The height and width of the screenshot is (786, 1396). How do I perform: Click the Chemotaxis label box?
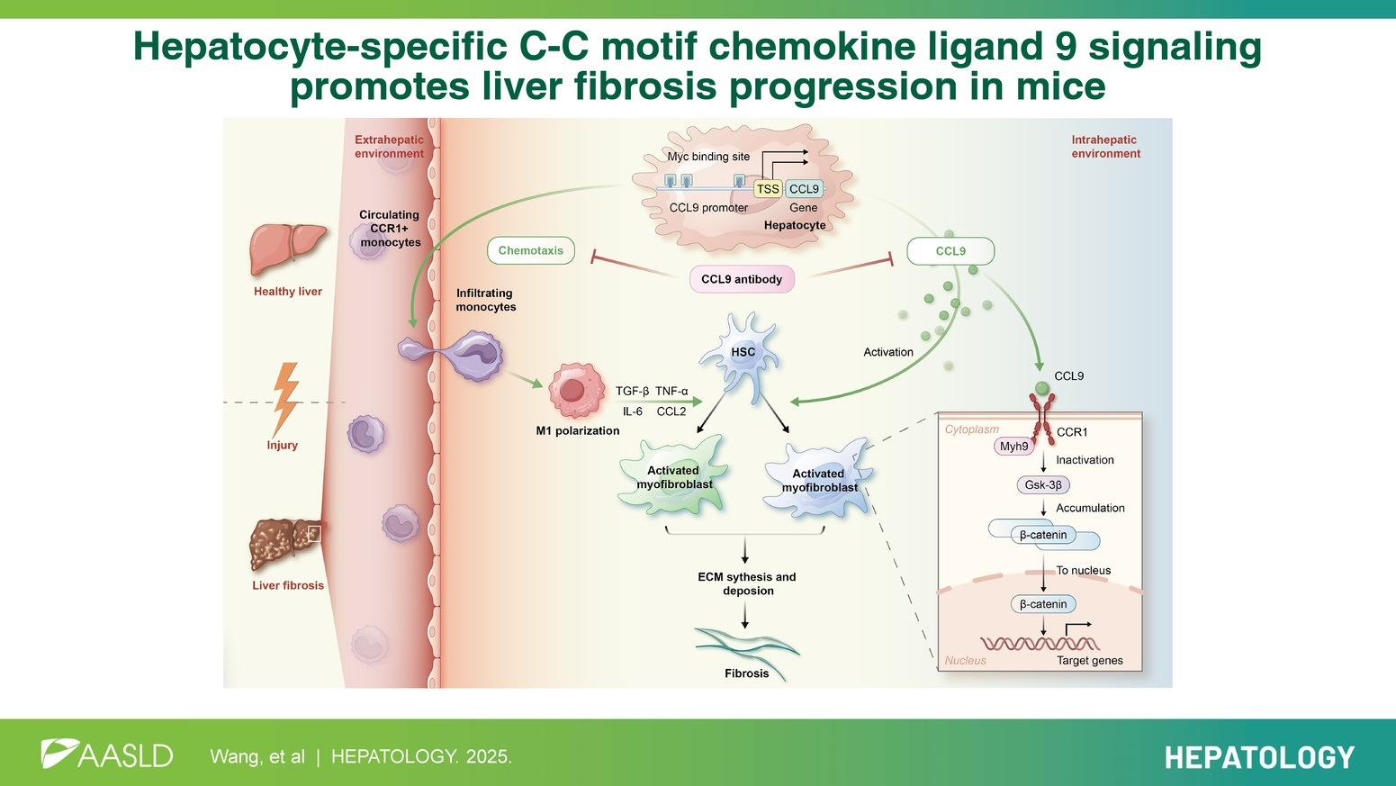coord(531,250)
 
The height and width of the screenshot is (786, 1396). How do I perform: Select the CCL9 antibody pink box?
coord(742,279)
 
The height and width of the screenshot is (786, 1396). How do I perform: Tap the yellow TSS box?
coord(768,189)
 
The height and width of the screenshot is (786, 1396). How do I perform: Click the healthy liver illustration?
coord(287,248)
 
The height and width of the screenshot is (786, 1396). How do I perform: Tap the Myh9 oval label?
coord(1014,447)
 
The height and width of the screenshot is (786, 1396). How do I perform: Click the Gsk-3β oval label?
coord(1043,485)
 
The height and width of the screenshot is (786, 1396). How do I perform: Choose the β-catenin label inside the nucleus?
coord(1043,604)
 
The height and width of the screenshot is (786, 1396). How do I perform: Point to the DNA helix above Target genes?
coord(1040,643)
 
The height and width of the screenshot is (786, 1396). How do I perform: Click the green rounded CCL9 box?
coord(950,251)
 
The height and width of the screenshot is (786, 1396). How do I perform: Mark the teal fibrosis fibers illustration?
coord(746,646)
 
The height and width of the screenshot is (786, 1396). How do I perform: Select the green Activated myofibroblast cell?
coord(672,477)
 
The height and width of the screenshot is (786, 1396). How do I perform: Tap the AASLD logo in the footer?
coord(107,754)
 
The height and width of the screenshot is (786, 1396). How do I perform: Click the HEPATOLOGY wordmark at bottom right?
coord(1259,757)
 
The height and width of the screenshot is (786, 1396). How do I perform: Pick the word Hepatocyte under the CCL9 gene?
coord(795,225)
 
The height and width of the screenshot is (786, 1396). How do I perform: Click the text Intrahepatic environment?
coord(1105,147)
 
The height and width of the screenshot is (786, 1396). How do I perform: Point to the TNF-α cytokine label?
coord(671,391)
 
